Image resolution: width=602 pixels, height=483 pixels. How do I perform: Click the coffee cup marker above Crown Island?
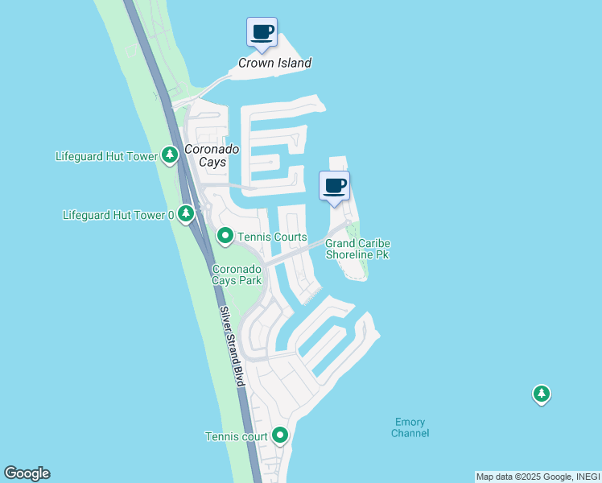click(262, 32)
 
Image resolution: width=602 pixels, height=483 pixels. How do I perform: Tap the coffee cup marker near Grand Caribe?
click(335, 186)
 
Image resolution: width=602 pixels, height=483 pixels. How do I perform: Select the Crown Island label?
click(274, 63)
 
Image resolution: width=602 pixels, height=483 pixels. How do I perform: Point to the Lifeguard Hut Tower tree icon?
click(169, 155)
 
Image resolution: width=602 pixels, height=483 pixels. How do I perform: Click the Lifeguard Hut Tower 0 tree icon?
click(186, 214)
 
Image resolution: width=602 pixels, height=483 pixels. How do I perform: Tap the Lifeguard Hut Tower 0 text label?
click(118, 215)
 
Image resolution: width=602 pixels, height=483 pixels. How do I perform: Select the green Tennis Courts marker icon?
click(225, 236)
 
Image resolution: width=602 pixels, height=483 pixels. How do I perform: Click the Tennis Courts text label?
click(271, 237)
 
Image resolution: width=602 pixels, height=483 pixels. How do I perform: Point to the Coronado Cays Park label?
click(237, 275)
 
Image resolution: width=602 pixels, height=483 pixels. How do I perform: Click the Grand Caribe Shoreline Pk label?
click(357, 249)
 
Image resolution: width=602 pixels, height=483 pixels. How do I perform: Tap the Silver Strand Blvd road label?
click(232, 346)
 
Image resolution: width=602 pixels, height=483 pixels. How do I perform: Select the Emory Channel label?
click(410, 427)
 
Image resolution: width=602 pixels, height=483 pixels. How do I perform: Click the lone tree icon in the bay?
click(542, 394)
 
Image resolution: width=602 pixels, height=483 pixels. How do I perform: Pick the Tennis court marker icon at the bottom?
click(280, 436)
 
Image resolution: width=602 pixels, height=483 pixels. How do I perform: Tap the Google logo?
click(27, 473)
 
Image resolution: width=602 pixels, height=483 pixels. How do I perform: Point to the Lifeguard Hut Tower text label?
click(106, 156)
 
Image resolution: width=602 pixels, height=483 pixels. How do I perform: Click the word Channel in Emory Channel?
click(410, 433)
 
